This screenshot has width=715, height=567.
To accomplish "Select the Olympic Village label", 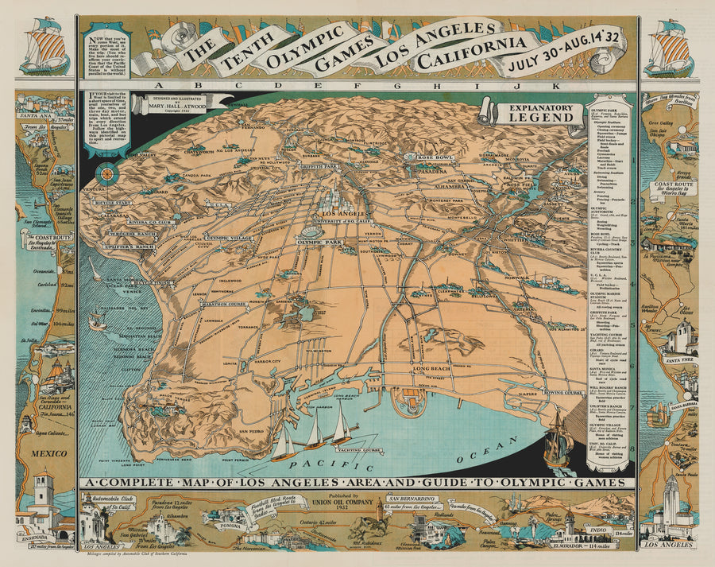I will click(229, 237).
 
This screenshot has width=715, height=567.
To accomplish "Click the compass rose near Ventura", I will click(105, 173).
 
